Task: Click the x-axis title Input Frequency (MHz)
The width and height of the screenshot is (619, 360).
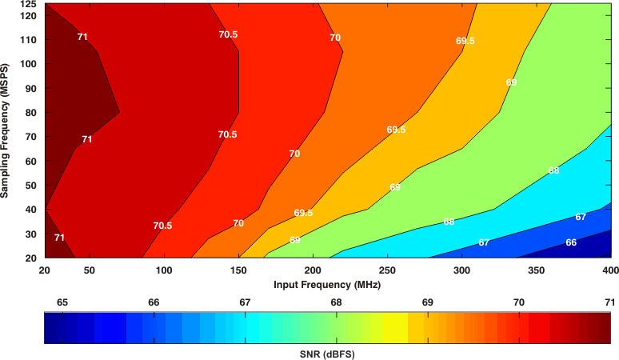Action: pos(326,285)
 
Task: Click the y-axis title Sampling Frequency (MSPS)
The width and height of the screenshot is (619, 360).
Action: pos(6,131)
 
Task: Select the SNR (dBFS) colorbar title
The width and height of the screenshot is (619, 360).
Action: pos(326,354)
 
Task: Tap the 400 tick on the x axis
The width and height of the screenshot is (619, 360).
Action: pos(610,271)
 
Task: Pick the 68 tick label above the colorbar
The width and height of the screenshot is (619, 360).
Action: pos(336,302)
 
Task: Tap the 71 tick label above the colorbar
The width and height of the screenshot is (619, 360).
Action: pos(609,302)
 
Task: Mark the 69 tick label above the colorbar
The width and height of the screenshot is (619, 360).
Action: pos(427,302)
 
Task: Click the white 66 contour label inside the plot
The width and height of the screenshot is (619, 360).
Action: pos(571,242)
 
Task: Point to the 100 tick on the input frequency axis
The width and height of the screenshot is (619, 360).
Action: pos(164,271)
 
